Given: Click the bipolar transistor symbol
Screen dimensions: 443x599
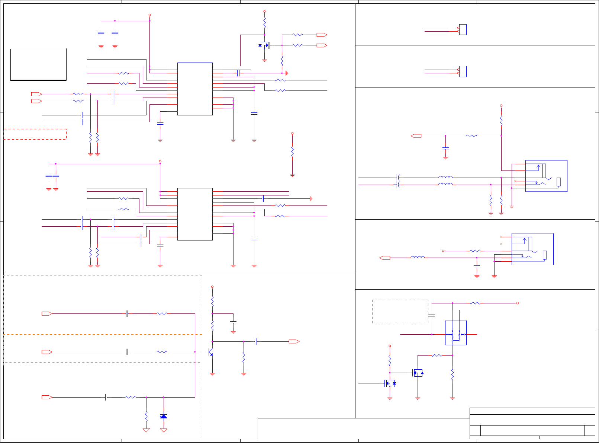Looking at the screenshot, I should [x=210, y=352].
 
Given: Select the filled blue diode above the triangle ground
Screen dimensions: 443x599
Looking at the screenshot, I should [x=164, y=416].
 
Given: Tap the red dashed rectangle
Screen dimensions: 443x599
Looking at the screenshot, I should [x=35, y=134].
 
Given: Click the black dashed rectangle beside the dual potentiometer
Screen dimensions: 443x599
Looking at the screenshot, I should [x=400, y=312].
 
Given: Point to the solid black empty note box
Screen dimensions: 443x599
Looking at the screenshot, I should [x=38, y=64].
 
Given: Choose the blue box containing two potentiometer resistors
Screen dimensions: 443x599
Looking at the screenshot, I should [x=456, y=333].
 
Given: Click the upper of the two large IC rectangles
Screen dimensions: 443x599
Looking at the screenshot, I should [x=195, y=89].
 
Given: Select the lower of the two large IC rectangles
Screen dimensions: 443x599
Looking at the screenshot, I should [x=195, y=214].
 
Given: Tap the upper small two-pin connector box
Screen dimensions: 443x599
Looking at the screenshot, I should [x=463, y=30].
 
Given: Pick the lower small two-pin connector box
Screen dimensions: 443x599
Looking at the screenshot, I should [x=463, y=71].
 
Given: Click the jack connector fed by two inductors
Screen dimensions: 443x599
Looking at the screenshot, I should [x=546, y=176].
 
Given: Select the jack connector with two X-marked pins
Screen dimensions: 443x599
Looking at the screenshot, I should [x=532, y=249].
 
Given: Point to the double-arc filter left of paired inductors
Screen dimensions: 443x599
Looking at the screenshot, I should [x=398, y=181].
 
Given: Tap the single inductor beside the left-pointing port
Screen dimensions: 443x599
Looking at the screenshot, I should [x=418, y=257].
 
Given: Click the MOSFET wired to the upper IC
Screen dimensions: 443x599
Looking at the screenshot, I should [x=264, y=45].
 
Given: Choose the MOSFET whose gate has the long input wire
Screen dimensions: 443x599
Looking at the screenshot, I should [x=390, y=383].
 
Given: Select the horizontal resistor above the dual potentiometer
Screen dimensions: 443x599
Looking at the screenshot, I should [x=475, y=303].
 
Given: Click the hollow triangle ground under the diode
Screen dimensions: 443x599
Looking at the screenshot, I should [x=164, y=430].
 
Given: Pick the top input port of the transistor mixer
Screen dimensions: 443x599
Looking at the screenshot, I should [x=47, y=314].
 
